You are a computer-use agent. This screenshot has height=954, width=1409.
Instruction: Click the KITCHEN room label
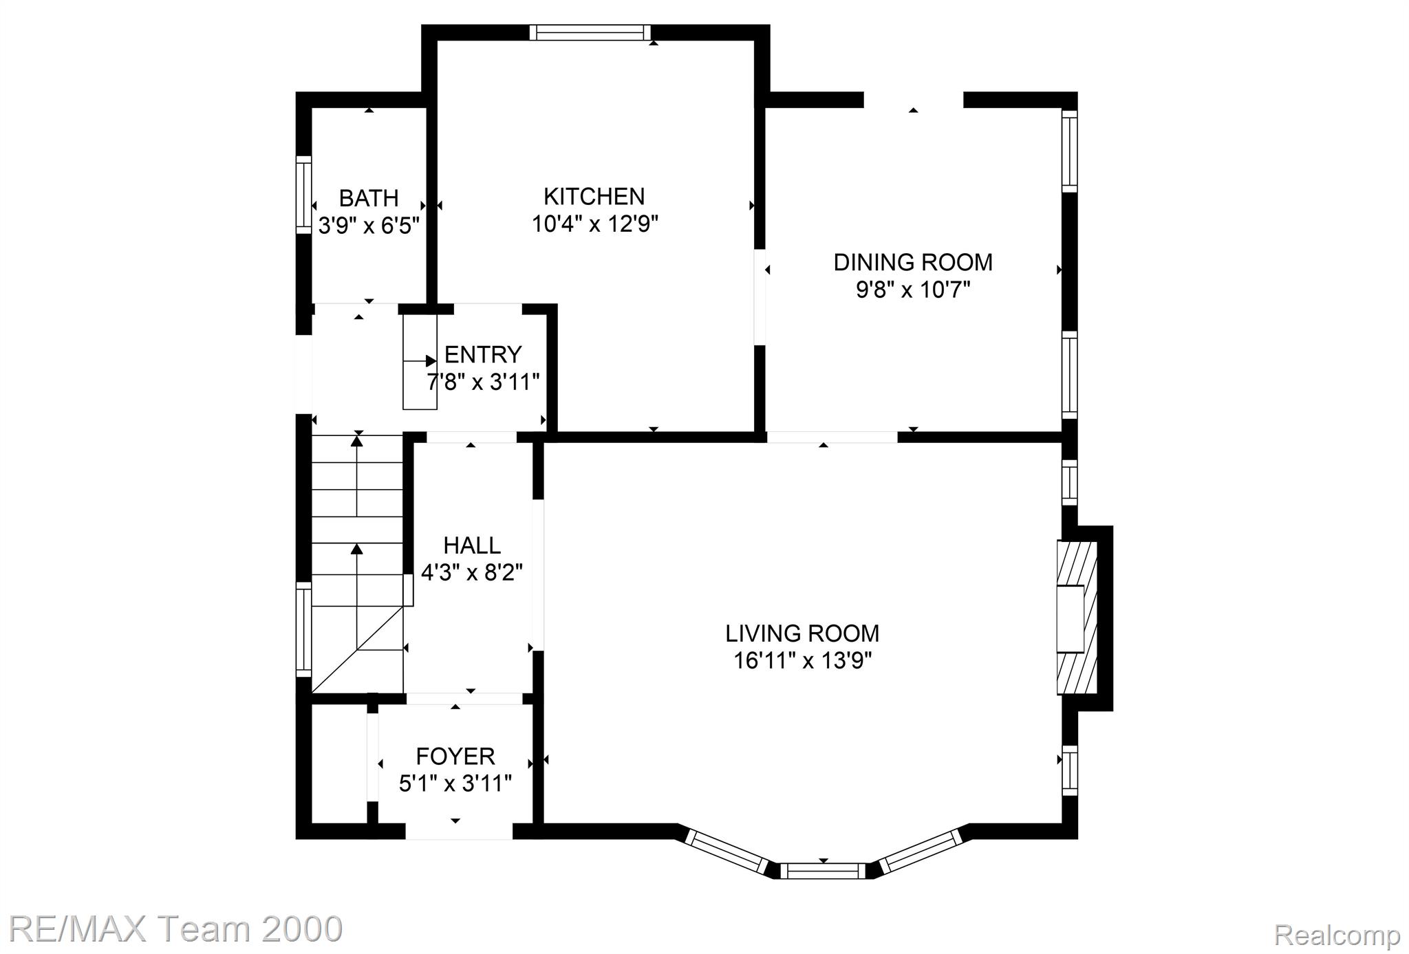[594, 197]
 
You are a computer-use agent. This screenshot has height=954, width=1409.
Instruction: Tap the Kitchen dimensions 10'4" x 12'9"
[595, 224]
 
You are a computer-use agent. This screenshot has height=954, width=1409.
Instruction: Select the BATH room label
[369, 198]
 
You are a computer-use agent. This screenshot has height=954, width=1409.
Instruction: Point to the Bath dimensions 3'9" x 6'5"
[369, 225]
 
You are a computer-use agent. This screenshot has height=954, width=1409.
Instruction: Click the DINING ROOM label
[913, 262]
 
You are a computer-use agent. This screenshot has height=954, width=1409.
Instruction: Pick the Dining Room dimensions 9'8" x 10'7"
[913, 290]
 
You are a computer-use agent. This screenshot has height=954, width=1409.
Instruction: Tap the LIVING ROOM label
[802, 633]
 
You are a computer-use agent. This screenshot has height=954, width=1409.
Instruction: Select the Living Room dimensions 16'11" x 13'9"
[802, 660]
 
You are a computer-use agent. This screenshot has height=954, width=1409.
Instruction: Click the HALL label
[472, 545]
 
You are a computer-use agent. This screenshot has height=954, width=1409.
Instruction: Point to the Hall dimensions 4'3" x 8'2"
[472, 572]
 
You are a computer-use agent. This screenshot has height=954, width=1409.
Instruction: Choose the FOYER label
[455, 756]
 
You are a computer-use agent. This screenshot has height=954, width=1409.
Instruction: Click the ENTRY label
[483, 354]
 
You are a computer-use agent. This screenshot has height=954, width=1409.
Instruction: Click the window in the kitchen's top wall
[590, 32]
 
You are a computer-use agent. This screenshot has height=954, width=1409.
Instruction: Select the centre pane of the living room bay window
[824, 871]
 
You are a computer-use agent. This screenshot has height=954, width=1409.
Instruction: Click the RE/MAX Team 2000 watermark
[176, 929]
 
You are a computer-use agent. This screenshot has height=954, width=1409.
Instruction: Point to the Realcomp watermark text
[1337, 935]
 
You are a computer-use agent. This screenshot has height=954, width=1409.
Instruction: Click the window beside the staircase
[303, 629]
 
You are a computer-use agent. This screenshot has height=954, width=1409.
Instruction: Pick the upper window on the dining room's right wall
[1069, 151]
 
